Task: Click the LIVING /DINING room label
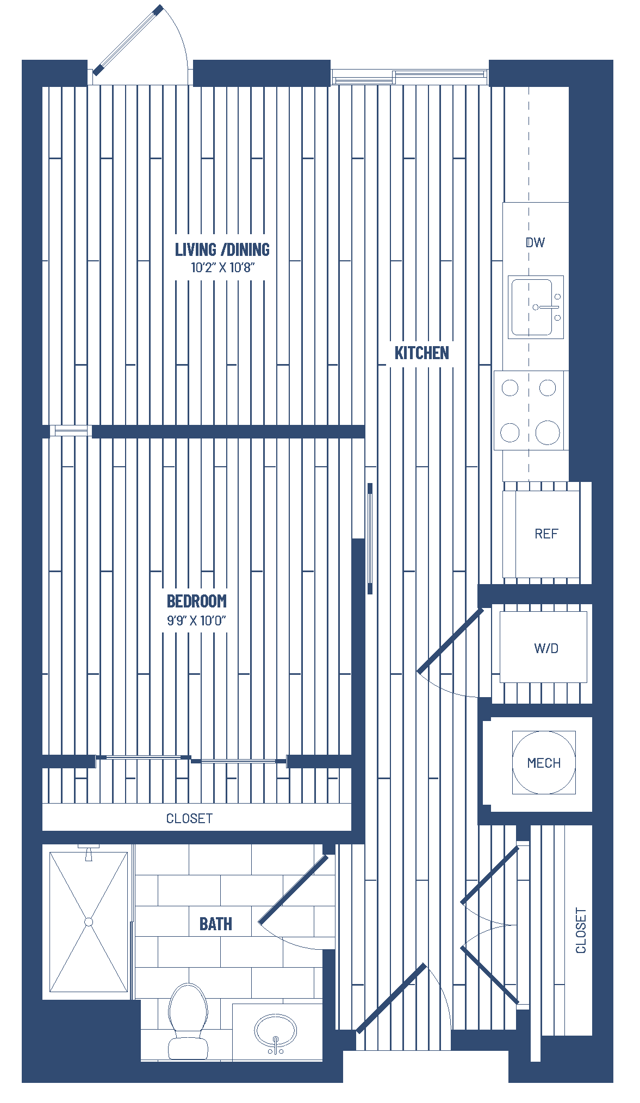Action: point(222,249)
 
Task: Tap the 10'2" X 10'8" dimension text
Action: point(222,267)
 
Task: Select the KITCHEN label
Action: point(422,353)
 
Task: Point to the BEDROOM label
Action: point(197,601)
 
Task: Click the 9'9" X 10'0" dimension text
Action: point(196,621)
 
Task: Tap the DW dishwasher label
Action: point(535,242)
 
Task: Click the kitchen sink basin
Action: point(532,306)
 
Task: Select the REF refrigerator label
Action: point(546,534)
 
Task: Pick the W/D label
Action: point(546,648)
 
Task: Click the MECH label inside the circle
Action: point(544,763)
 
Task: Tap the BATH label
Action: point(216,924)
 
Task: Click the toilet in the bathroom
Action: point(188,1021)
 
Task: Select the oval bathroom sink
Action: point(276,1031)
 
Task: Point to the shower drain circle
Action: point(89,922)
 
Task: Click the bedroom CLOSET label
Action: point(189,819)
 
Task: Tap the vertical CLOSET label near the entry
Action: point(581,931)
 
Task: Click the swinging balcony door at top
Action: point(128,40)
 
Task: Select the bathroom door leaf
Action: point(294,889)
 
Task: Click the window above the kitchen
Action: point(409,77)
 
